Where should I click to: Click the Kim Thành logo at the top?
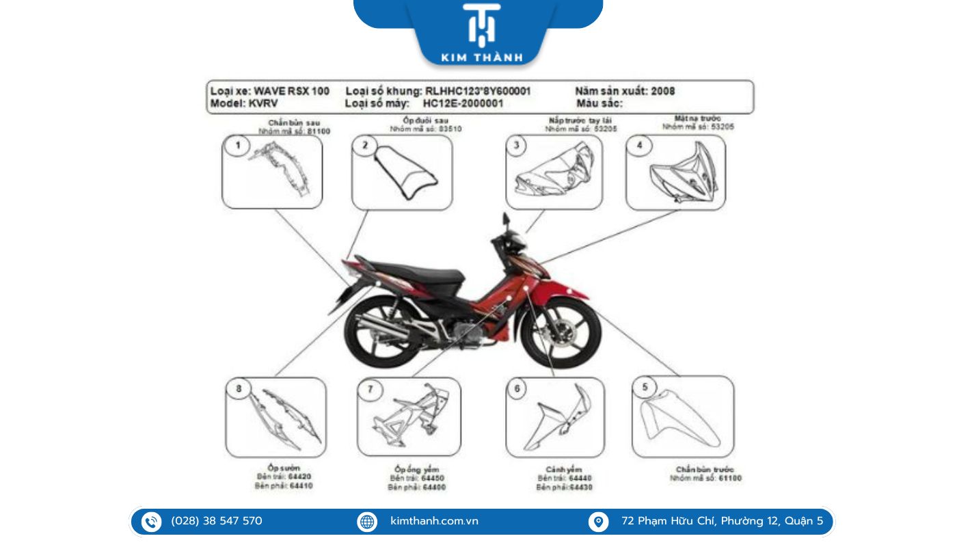point(481,32)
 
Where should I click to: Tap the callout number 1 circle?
point(238,146)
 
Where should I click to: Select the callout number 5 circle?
point(645,388)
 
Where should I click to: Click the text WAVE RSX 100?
point(291,91)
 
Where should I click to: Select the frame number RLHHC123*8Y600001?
point(478,91)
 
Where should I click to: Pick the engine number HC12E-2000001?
point(463,103)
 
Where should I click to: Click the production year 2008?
point(662,91)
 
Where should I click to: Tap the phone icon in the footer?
point(151,522)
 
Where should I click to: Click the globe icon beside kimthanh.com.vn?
point(367,522)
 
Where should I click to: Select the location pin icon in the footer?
point(598,522)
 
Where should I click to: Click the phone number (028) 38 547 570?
point(217,522)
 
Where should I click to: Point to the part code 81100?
point(319,131)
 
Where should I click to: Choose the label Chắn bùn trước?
point(705,469)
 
